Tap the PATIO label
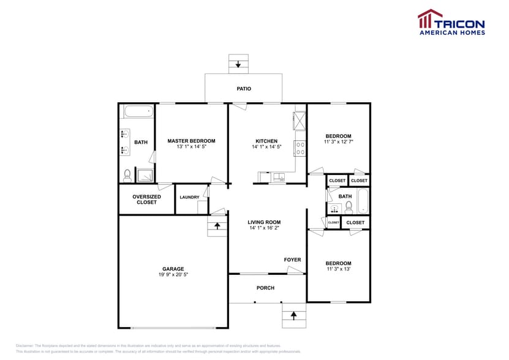coord(244,89)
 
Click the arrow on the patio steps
coord(238,64)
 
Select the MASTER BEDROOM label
coord(191,141)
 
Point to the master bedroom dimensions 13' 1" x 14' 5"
coord(191,147)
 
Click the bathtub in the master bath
coord(138,112)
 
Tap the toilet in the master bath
coord(127,175)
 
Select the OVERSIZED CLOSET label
coord(146,200)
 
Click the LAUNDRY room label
coord(189,197)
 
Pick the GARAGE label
coord(173,269)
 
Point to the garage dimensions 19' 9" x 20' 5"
coord(173,275)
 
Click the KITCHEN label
coord(266,141)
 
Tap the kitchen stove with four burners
coord(300,148)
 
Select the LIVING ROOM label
coord(264,222)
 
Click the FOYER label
coord(292,260)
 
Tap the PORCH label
coord(265,288)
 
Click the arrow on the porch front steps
coord(293,315)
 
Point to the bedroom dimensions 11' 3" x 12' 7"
coord(338,142)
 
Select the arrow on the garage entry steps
coord(217,226)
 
